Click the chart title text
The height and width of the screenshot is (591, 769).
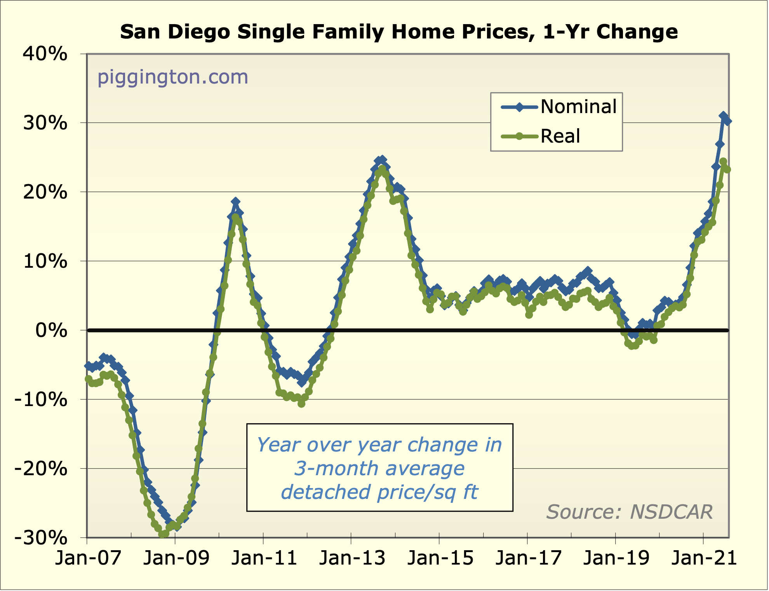coord(399,32)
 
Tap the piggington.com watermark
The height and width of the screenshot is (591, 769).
coord(172,77)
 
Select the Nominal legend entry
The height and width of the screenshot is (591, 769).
coord(578,106)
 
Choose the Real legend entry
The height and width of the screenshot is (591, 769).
coord(560,136)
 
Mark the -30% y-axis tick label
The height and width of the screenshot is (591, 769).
coord(41,538)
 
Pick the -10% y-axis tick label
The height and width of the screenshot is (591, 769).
coord(41,399)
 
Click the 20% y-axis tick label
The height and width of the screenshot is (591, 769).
coord(45,192)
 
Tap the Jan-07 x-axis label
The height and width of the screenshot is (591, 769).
coord(88,558)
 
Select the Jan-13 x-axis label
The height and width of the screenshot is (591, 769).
coord(352,558)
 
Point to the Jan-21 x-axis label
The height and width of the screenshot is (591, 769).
coord(704,558)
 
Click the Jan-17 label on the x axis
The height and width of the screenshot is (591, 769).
coord(528,558)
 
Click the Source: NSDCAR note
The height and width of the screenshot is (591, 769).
coord(629,512)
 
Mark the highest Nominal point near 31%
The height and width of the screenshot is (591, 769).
coord(723,116)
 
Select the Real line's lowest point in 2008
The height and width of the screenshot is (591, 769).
coord(163,535)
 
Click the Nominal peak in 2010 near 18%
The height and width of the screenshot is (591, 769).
coord(235,202)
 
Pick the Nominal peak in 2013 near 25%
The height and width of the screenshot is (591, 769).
coord(382,160)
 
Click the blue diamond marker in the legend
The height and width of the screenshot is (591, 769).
coord(519,107)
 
